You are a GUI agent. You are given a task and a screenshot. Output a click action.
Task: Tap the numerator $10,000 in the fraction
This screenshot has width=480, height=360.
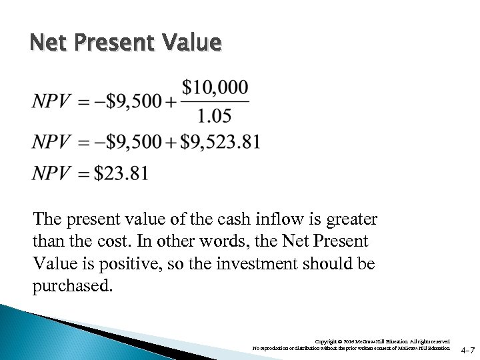(216, 87)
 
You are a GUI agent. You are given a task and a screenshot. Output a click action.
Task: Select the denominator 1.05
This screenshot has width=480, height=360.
(215, 117)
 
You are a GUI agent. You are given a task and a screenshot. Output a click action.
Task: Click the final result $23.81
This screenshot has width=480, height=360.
(121, 173)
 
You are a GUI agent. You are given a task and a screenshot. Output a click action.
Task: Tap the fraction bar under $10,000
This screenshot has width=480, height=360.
(215, 102)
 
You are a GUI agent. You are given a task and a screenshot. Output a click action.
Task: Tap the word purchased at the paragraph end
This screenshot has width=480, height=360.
(72, 285)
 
